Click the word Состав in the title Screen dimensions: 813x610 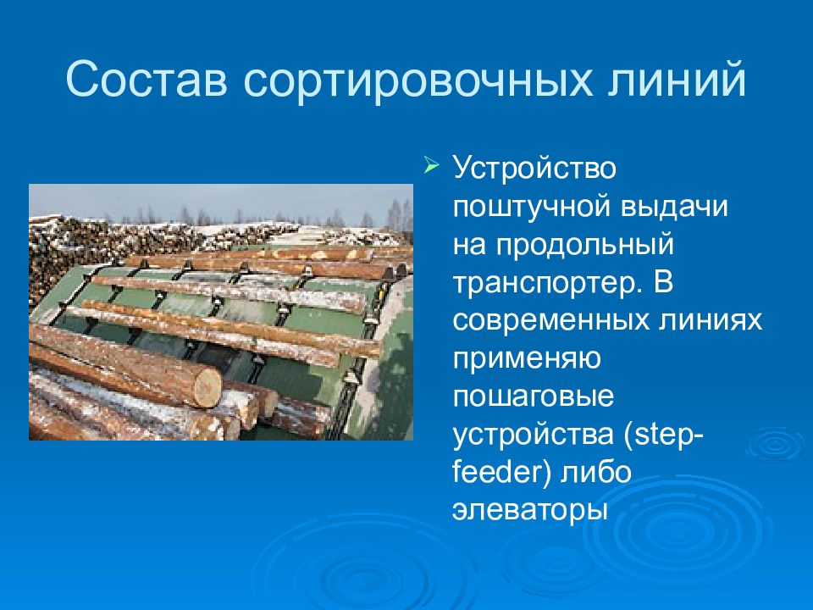[147, 80]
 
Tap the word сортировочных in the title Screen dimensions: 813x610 [418, 83]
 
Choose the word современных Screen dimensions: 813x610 [551, 321]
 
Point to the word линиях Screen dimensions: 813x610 [711, 321]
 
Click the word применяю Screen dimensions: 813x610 [527, 360]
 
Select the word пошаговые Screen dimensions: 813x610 [533, 397]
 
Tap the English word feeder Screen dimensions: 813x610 [497, 472]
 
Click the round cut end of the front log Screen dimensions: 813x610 [207, 386]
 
